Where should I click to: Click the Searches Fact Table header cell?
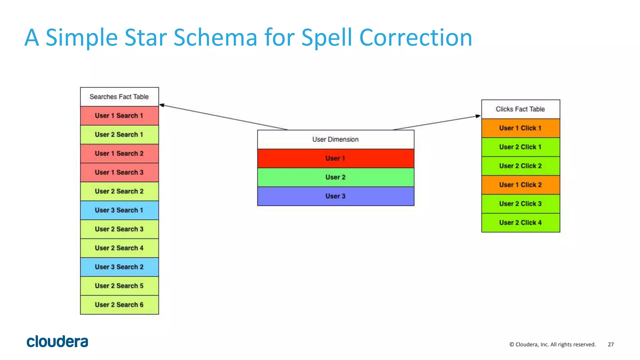(x=119, y=97)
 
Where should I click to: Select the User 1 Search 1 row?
(x=119, y=116)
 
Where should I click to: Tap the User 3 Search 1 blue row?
(x=119, y=210)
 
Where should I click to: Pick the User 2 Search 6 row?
(x=119, y=305)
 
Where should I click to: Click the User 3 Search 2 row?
(x=119, y=267)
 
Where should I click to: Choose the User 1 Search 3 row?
(x=119, y=172)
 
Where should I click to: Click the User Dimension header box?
(x=335, y=139)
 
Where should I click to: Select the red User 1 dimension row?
(x=335, y=158)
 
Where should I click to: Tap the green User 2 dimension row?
(x=335, y=177)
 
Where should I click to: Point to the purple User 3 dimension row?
(x=335, y=196)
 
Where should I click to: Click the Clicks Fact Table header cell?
(x=520, y=109)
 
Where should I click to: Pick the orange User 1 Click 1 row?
(x=520, y=128)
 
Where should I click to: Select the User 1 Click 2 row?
(x=520, y=185)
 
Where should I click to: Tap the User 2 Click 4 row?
(x=520, y=223)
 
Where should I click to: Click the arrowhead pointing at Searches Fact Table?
(x=162, y=105)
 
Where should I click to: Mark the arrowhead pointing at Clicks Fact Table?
(x=478, y=116)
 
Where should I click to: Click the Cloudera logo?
(x=57, y=341)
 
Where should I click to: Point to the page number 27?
(x=611, y=344)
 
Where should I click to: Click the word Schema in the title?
(x=215, y=38)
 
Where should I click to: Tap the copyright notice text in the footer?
(x=552, y=344)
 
